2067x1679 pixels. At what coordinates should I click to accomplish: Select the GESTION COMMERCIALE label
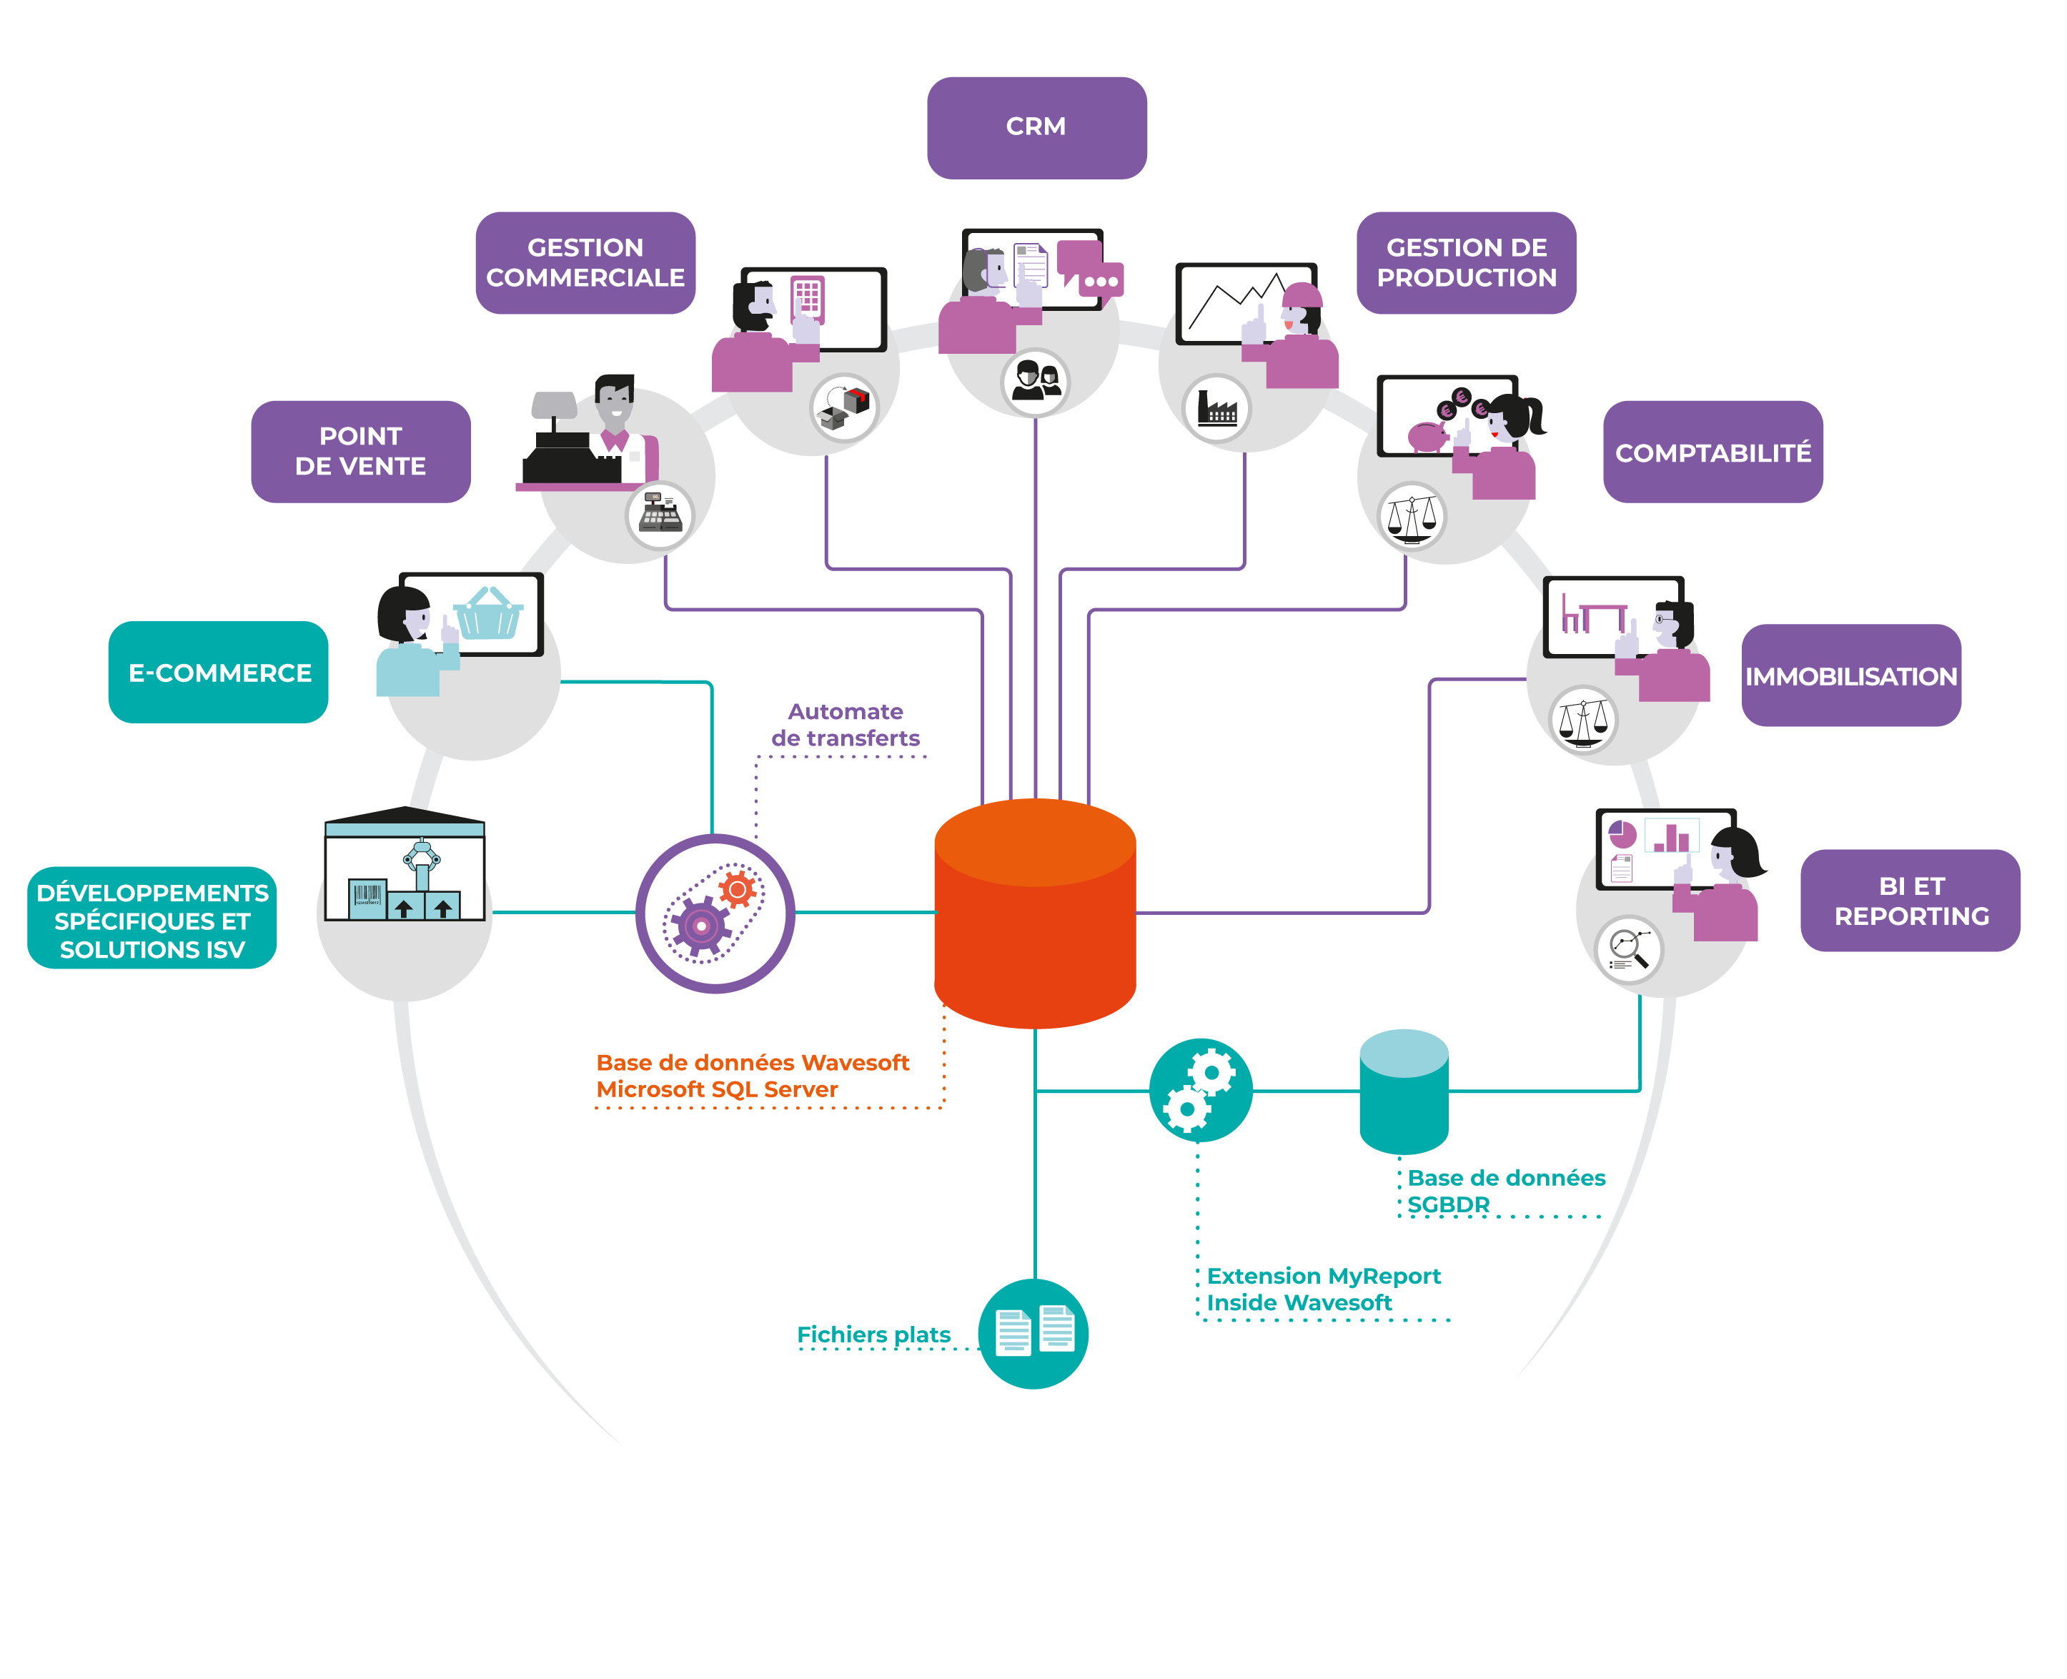coord(585,263)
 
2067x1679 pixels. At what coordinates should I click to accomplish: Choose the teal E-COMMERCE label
coord(219,672)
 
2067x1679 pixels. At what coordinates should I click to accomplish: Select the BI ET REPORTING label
coord(1910,901)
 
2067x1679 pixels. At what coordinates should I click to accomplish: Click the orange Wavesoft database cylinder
coord(1034,914)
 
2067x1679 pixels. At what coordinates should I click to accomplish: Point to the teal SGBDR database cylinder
coord(1404,1093)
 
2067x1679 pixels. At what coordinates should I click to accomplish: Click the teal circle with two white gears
coord(1200,1091)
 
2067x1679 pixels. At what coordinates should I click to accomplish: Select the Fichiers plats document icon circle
coord(1033,1334)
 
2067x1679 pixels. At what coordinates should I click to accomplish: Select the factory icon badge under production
coord(1216,408)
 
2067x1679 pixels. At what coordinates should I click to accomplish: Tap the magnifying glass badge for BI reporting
coord(1629,949)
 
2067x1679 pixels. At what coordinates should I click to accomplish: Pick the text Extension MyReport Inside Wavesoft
coord(1322,1289)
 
